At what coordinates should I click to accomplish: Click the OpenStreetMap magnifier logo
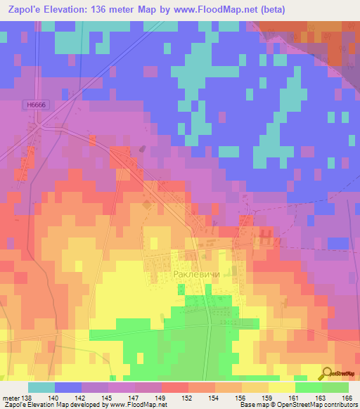[x=325, y=372]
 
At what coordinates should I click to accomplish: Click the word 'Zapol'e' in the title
[x=24, y=10]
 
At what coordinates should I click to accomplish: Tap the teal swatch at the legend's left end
[x=41, y=387]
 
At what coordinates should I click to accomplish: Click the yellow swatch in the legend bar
[x=281, y=387]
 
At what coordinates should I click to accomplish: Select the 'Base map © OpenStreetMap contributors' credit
[x=297, y=405]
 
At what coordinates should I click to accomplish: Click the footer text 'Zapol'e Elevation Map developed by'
[x=51, y=405]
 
